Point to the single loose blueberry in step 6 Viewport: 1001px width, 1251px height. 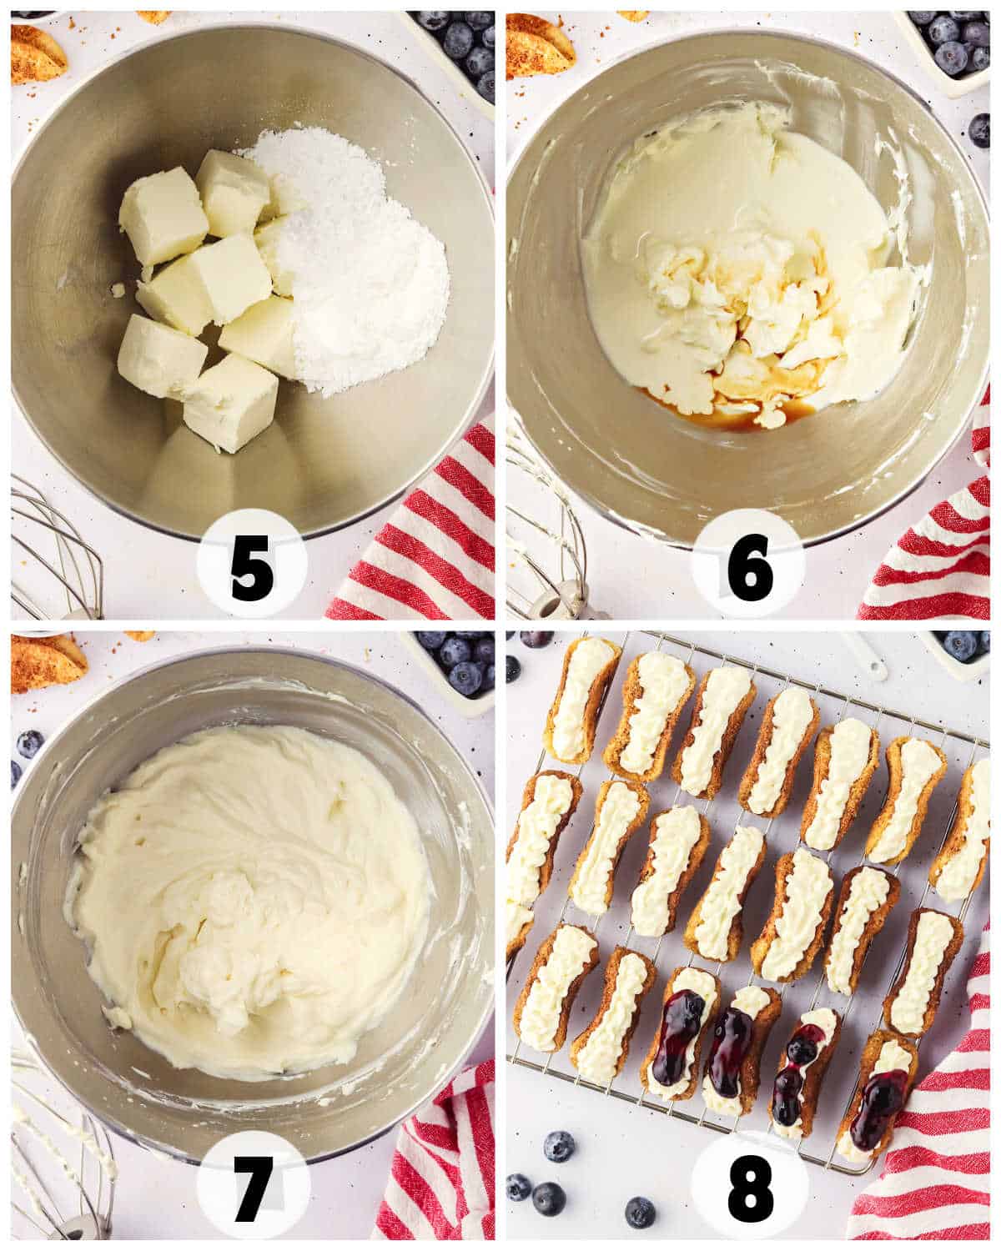pyautogui.click(x=979, y=130)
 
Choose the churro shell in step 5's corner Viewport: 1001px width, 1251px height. pyautogui.click(x=35, y=54)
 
